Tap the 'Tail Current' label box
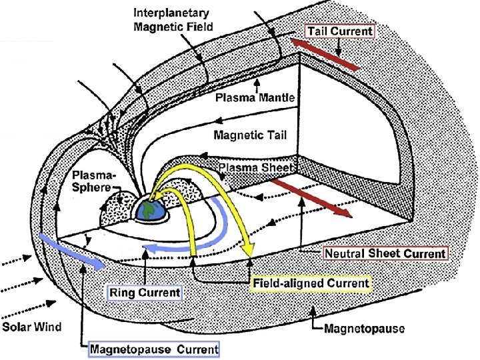(340, 31)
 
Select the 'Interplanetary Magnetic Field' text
(173, 20)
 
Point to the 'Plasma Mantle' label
(255, 97)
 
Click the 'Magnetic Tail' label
(250, 135)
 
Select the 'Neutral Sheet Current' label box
(385, 253)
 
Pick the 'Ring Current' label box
(144, 292)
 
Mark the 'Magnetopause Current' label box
(154, 349)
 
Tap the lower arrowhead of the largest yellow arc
(249, 251)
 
